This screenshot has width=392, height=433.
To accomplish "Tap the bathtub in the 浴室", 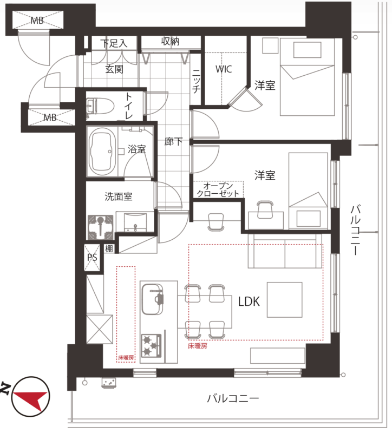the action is coord(102,152).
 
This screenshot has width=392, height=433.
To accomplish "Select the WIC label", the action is coord(224,69).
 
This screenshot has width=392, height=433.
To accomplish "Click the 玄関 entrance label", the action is coord(114,69).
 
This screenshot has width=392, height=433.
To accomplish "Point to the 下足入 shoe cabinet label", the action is coord(114,43).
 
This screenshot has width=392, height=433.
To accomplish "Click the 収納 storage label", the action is coord(170,42).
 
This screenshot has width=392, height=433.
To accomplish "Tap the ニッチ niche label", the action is coord(196,81).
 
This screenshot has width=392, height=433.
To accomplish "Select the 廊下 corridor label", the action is coord(173,142).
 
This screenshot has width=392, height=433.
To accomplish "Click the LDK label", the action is coord(249,302).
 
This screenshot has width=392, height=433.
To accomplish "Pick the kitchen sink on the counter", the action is coord(152,299).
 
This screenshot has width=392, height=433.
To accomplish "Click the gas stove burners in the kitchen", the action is coord(151,345).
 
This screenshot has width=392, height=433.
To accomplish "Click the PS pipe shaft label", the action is coord(92,258).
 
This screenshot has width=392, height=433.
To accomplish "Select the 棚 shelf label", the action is coord(109,249).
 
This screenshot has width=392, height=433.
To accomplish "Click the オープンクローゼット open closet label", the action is coord(218,189).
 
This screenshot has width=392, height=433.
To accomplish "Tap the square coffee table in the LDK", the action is coord(284,300).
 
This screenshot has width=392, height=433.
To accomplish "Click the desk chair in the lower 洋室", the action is coord(266,210).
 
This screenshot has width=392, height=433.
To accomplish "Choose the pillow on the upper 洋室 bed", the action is coord(307,50).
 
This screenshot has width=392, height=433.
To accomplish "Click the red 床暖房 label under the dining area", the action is coord(197,346).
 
